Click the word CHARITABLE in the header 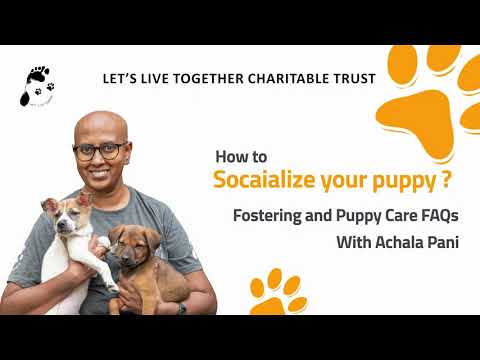coord(268,77)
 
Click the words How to coord(240,157)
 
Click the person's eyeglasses coord(100,151)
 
